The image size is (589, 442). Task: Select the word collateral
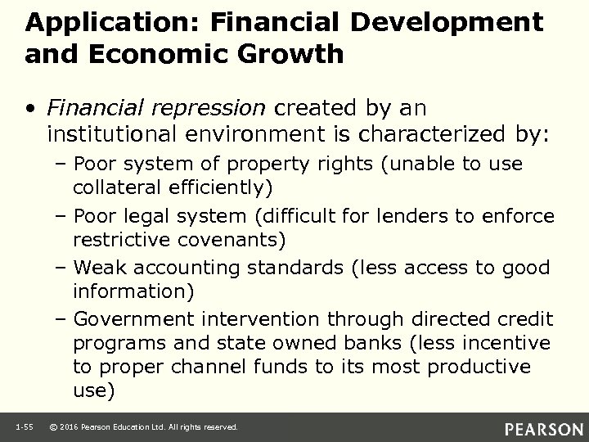pyautogui.click(x=114, y=187)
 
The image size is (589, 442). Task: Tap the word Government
pyautogui.click(x=133, y=318)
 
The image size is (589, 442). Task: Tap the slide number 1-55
pyautogui.click(x=22, y=426)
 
